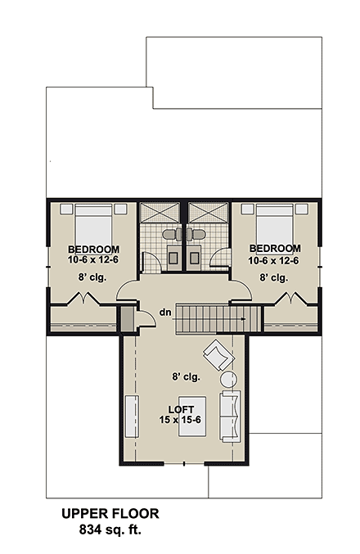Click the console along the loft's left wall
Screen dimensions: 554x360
131,417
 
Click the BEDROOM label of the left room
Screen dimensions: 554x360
94,250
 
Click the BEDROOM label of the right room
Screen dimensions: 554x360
275,249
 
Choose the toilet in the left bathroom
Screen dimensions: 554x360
171,234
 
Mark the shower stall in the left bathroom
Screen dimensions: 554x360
162,211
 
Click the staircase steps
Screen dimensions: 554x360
217,315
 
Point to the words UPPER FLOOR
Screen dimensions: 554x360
110,514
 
